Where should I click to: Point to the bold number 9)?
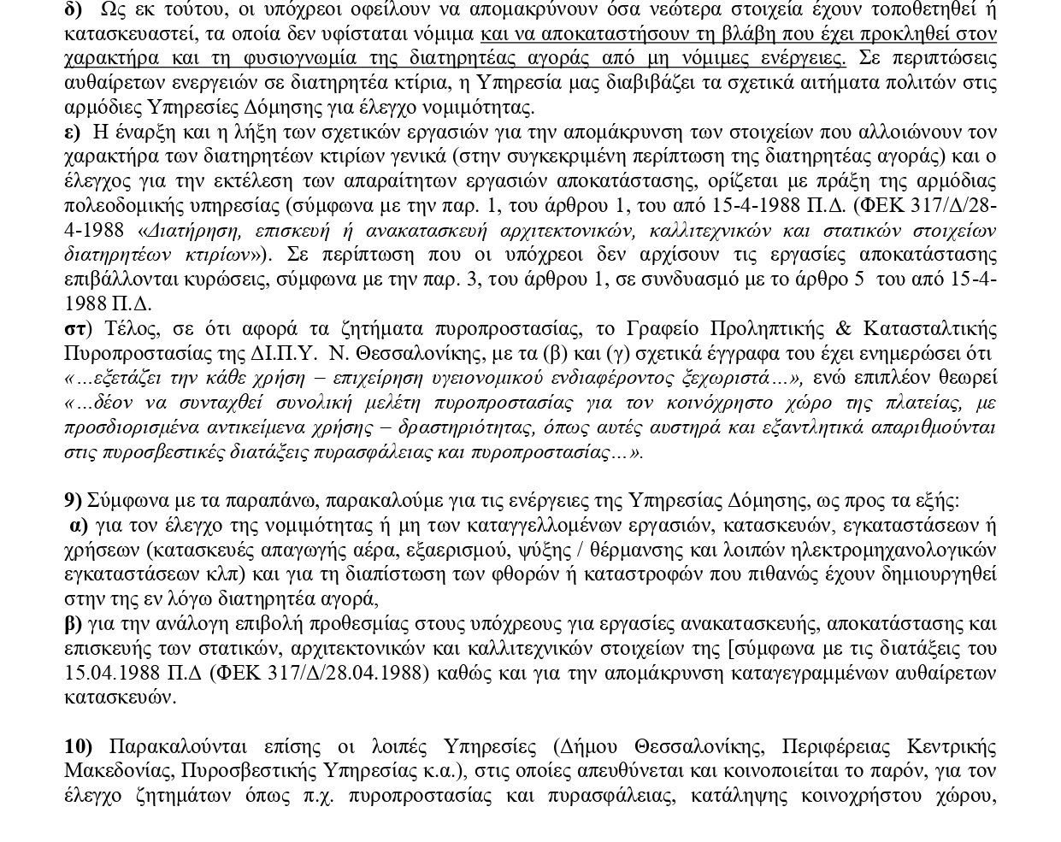74,501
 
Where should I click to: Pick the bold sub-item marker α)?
79,526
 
